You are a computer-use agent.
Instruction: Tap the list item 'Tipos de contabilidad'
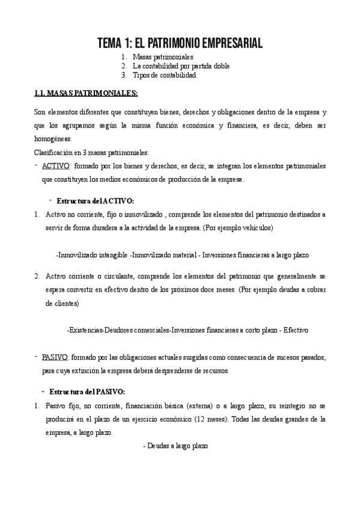164,76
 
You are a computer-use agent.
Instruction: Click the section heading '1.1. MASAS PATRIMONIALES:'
86,94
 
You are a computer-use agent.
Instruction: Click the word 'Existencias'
85,330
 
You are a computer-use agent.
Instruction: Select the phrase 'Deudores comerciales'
137,330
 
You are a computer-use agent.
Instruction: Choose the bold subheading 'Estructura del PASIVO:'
87,392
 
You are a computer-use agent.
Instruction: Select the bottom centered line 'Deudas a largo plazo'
175,446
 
